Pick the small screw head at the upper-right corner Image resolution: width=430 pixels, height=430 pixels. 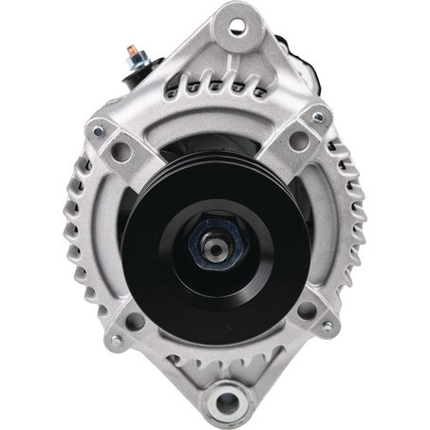pyautogui.click(x=318, y=117)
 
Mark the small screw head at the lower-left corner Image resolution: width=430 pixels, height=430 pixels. pyautogui.click(x=115, y=341)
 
